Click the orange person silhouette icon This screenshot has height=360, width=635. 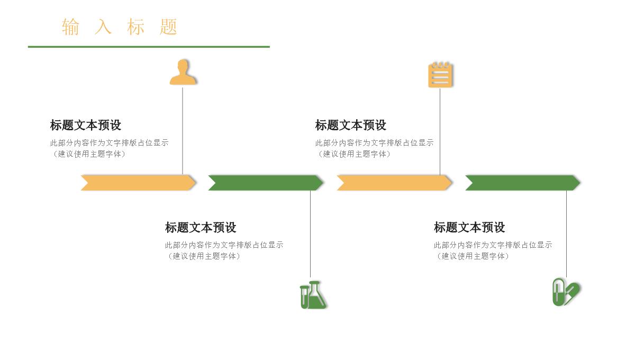tap(183, 73)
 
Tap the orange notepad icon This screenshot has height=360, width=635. tap(440, 75)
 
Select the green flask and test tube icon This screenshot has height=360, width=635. tap(313, 295)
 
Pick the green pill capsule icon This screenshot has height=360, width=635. tap(565, 292)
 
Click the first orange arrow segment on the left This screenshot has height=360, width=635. tap(138, 183)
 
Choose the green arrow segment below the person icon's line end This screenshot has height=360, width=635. tap(265, 183)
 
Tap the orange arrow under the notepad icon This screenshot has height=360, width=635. tap(394, 183)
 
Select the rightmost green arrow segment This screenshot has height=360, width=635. tap(522, 183)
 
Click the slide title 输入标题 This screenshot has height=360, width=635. tap(120, 26)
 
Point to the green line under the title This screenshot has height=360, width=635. tap(149, 47)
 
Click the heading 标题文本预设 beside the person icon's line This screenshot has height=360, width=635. tap(86, 125)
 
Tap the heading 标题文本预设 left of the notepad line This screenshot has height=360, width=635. tap(351, 125)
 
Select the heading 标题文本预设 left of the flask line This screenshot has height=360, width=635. tap(201, 228)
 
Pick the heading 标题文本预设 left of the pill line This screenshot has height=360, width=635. tap(469, 228)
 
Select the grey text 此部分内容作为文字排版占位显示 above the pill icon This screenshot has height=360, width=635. tap(493, 245)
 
